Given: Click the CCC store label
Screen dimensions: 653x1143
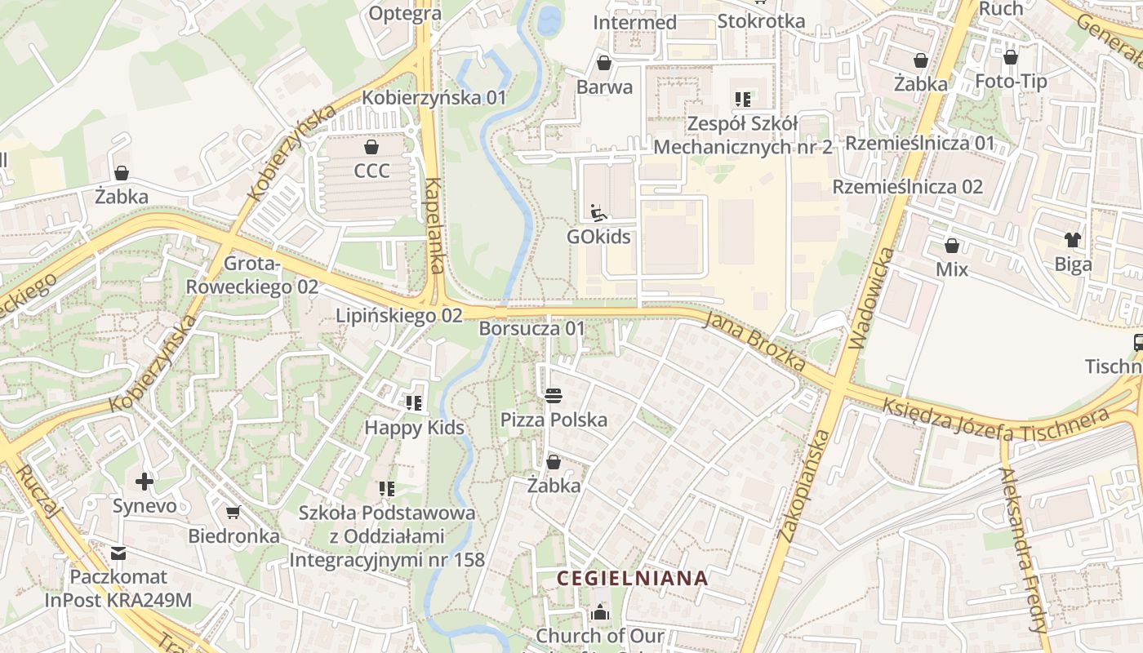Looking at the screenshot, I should click(371, 171).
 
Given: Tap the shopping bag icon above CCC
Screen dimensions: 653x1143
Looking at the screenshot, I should click(371, 147).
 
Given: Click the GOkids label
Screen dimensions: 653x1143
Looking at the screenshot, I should click(599, 237).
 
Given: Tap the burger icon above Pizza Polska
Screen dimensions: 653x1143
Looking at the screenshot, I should click(554, 396).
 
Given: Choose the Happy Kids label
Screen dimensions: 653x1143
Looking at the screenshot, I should click(414, 428).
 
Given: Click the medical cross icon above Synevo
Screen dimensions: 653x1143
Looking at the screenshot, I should click(145, 482).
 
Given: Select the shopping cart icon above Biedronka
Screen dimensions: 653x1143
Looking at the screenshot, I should click(233, 513).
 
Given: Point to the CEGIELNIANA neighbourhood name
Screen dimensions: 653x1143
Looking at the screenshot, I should click(632, 579).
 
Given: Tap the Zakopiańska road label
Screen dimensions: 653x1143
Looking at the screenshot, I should click(805, 486).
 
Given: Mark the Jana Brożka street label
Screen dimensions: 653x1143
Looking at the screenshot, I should click(755, 341).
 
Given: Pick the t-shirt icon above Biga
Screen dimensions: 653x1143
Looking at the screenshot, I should click(1073, 240).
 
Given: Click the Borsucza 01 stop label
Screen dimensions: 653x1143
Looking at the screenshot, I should click(532, 329).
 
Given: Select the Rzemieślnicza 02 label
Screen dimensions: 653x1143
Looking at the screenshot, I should click(907, 187).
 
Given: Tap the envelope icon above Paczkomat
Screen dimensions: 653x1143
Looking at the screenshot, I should click(118, 553).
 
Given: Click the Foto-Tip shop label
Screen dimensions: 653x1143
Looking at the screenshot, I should click(1011, 82).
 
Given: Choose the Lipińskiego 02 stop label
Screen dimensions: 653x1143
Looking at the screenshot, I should click(399, 315).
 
